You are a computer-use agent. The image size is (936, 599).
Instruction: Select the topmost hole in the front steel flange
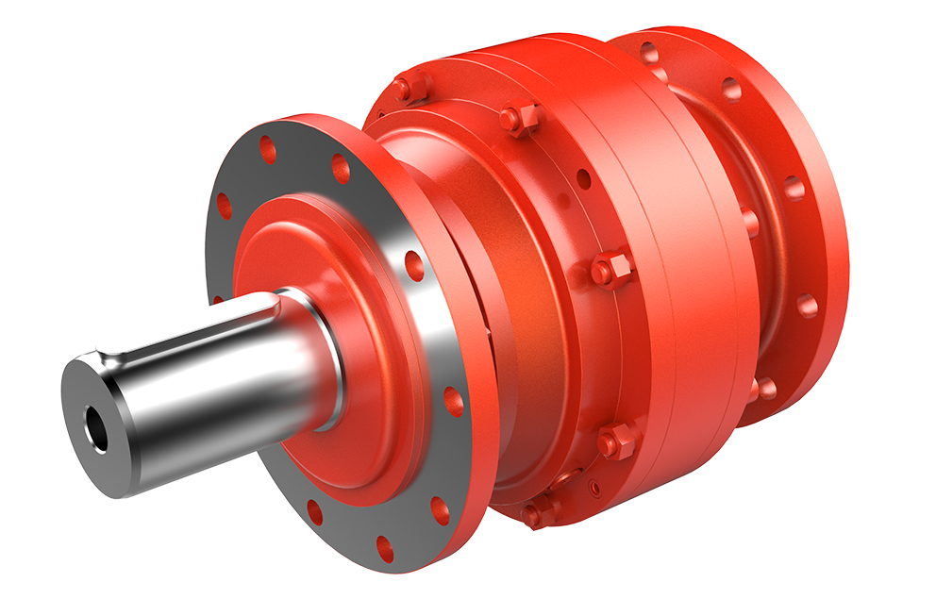[x=267, y=148]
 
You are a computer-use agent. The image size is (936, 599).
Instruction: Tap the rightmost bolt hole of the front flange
[x=453, y=401]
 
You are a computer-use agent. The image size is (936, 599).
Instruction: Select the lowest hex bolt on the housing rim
[x=539, y=511]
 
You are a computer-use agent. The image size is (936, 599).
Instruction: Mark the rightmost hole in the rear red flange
[x=808, y=305]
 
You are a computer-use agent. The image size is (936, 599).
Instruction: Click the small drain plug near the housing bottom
[x=593, y=488]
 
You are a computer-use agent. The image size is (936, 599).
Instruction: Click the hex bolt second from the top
[x=518, y=119]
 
